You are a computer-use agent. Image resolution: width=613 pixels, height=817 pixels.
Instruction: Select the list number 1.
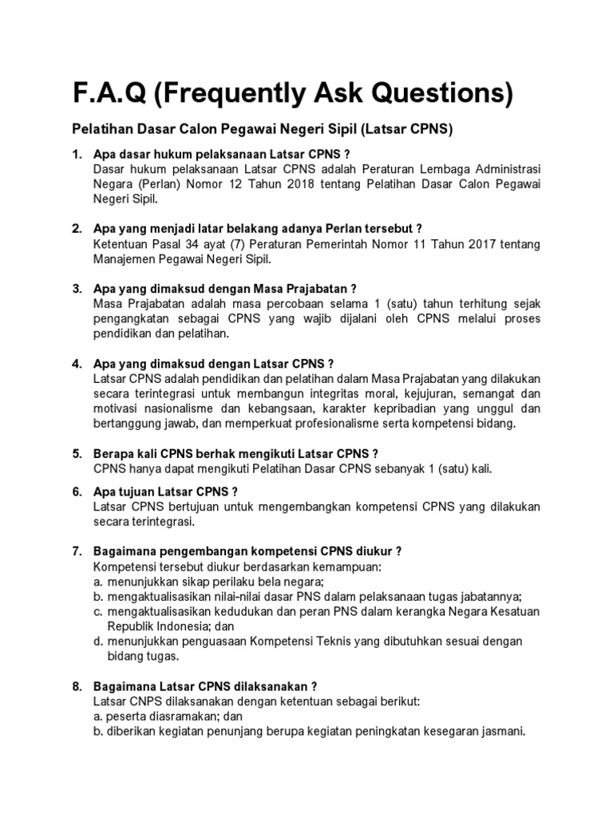[77, 153]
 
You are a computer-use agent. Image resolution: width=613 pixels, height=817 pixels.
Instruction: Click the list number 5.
[77, 453]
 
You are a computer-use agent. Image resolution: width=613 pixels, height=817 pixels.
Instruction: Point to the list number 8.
[77, 685]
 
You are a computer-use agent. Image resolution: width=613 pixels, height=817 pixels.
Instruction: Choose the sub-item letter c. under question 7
[98, 611]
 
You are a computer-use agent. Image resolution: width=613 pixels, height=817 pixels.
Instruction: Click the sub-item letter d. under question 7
[98, 641]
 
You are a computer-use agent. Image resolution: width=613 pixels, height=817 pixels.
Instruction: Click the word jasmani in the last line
[500, 732]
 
